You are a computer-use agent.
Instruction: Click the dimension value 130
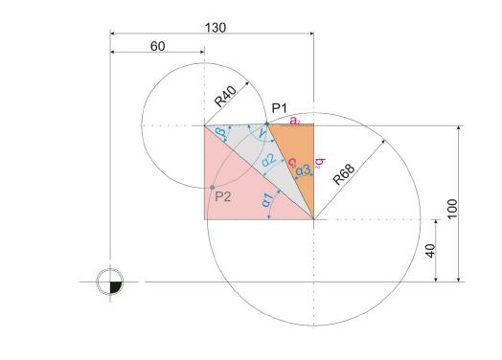tap(216, 28)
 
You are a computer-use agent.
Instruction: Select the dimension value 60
tap(157, 46)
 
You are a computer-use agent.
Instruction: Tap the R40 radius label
tap(226, 97)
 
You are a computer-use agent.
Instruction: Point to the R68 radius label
tap(344, 174)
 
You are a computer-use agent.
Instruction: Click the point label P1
tap(280, 108)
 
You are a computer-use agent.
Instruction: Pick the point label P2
tap(223, 196)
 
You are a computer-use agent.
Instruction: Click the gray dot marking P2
tap(213, 188)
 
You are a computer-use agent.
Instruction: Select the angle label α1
tap(266, 199)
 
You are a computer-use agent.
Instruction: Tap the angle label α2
tap(268, 160)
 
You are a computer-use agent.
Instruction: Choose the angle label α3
tap(303, 169)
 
